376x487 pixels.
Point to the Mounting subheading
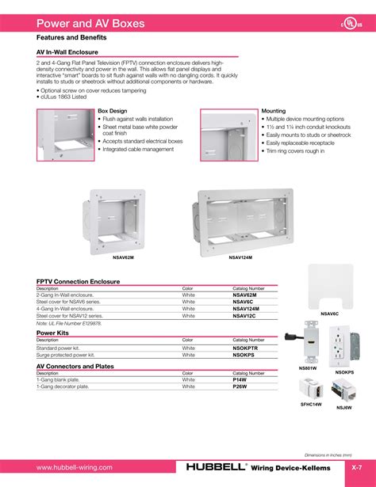273,111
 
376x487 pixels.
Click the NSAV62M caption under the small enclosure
123,257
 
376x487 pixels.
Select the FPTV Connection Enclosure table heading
78,281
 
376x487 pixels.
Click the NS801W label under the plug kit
308,368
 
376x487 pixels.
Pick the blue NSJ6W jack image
345,390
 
